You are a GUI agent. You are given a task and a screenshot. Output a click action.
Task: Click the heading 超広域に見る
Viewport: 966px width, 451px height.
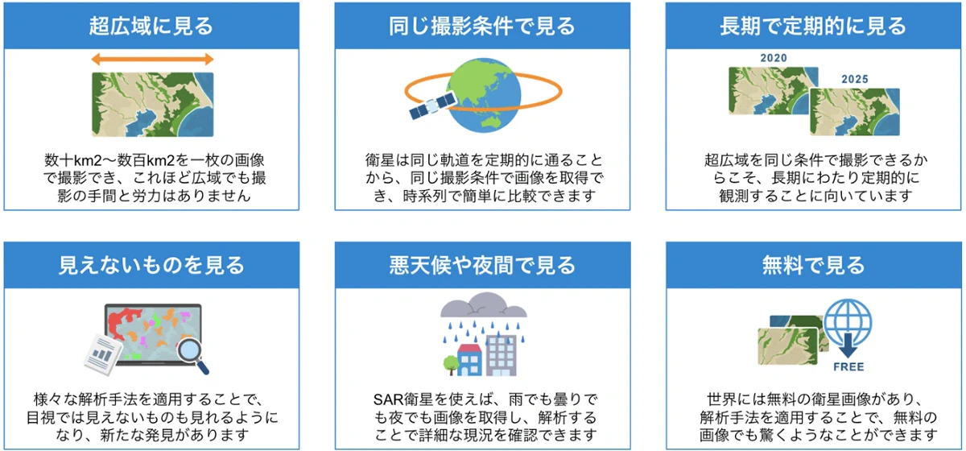coord(151,26)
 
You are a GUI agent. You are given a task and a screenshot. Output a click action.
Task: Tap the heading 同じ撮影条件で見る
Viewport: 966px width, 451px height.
coord(482,26)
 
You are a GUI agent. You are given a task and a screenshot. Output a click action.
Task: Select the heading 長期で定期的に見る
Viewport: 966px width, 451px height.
coord(813,26)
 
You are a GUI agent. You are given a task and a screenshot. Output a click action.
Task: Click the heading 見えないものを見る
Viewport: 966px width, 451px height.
coord(151,265)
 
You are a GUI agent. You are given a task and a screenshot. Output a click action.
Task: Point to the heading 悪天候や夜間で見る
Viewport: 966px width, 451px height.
coord(482,265)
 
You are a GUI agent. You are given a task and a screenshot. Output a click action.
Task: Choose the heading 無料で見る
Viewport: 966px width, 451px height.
coord(813,265)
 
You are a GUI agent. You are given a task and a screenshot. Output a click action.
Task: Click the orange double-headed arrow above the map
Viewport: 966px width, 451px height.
coord(152,59)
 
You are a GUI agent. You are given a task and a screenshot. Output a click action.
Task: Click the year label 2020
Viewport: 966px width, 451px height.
coord(774,58)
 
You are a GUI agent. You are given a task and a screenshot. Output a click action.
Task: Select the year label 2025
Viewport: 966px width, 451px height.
coord(854,80)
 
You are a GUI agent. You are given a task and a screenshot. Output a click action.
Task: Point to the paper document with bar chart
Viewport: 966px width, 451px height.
coord(103,354)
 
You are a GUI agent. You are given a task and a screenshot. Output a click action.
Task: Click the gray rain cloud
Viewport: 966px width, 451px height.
coord(484,305)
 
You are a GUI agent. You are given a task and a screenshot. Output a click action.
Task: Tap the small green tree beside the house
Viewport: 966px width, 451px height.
coord(451,365)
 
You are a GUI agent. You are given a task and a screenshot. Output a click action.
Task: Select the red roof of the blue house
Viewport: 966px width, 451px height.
coord(469,348)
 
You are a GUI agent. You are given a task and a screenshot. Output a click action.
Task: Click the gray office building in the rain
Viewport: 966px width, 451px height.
coord(501,355)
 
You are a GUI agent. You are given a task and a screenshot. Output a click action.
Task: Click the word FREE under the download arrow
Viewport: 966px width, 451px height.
coord(848,367)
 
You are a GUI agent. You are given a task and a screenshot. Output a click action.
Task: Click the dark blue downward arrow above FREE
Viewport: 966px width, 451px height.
coord(848,346)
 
